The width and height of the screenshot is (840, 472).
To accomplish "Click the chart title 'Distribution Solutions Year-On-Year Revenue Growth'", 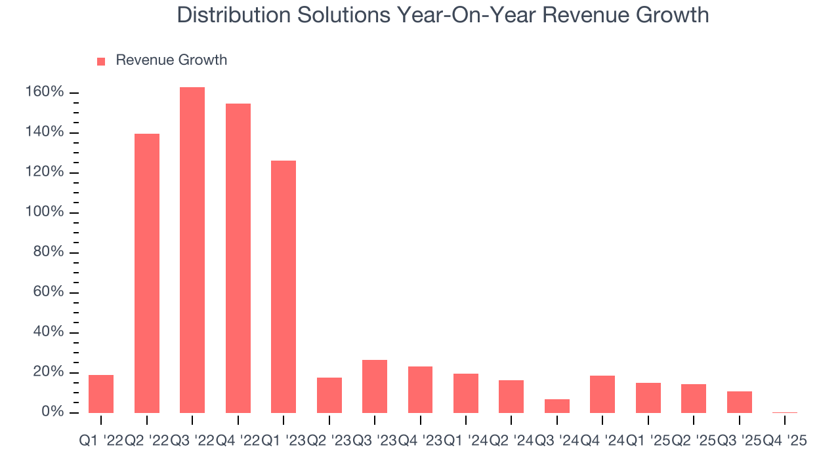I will (443, 15).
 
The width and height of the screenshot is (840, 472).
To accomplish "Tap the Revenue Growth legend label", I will (171, 60).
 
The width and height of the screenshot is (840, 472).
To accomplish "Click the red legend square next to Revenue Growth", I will (101, 61).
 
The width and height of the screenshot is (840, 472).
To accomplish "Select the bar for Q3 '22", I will (192, 250).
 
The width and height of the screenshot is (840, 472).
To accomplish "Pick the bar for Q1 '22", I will (101, 393).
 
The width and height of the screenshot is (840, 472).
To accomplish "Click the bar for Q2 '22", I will (147, 273).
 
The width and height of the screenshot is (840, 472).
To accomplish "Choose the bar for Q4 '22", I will (238, 258).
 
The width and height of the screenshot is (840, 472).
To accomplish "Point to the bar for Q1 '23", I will (283, 286).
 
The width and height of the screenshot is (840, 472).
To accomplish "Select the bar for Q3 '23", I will (375, 386).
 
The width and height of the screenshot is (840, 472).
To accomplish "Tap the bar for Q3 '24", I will (557, 406).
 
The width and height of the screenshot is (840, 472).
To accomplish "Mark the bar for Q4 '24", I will (602, 394).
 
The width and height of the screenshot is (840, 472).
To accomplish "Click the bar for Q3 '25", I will (740, 402).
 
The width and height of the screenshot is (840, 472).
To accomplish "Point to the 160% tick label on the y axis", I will (45, 92).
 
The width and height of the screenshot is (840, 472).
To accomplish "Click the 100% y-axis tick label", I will (45, 212).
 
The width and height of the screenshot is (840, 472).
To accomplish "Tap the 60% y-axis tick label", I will (49, 292).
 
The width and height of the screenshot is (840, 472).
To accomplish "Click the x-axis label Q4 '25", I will (784, 441).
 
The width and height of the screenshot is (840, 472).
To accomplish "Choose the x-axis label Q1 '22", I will (101, 441).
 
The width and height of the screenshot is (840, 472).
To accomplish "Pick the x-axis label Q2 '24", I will (511, 441).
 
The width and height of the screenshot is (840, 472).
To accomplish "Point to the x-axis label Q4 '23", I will (420, 441).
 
